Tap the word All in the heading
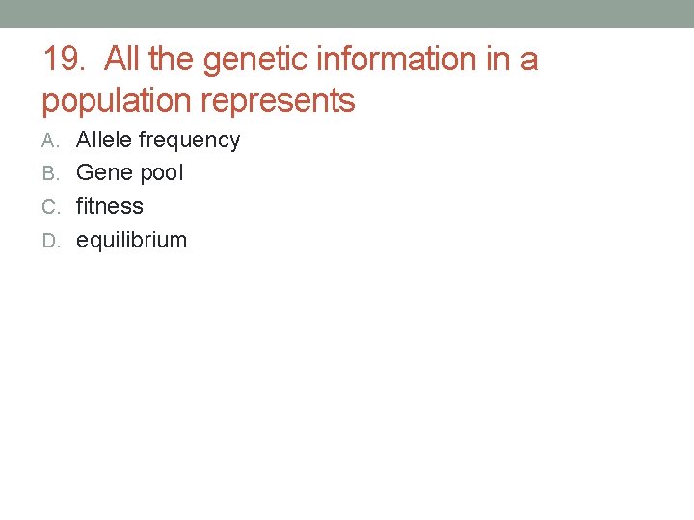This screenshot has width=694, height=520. [122, 60]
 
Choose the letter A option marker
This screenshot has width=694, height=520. [50, 141]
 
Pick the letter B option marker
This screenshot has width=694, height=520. [50, 174]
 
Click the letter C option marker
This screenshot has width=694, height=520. [50, 207]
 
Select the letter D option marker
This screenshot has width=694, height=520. [50, 241]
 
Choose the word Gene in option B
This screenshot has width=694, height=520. [104, 173]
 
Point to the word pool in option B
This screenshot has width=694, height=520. [162, 174]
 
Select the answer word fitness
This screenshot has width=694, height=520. [110, 206]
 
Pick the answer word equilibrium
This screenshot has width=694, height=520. [131, 240]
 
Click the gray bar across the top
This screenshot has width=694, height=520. [347, 13]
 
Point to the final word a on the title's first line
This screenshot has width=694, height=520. [530, 61]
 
